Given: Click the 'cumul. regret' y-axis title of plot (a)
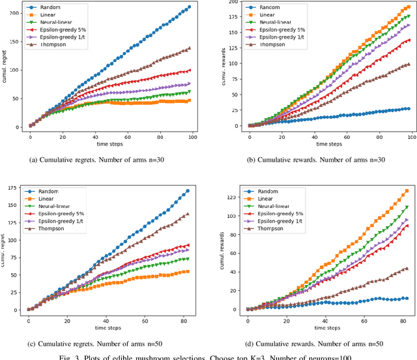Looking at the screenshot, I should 5,68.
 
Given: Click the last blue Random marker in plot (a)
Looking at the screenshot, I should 189,7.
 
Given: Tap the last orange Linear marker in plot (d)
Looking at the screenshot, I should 407,191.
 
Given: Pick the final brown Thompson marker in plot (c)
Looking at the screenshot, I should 188,214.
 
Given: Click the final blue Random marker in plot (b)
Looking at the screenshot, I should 407,109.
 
